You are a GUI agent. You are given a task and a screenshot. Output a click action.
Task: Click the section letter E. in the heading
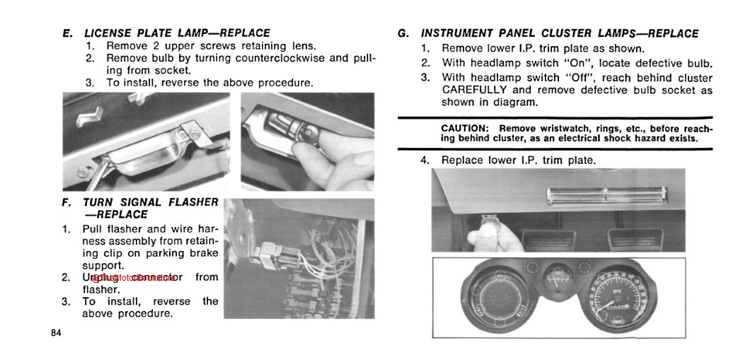coord(67,33)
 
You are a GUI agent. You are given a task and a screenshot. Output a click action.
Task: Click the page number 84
coord(57,332)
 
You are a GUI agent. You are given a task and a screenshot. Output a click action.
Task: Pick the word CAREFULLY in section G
coord(475,90)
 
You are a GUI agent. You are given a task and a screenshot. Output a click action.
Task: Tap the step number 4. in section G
coord(425,160)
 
